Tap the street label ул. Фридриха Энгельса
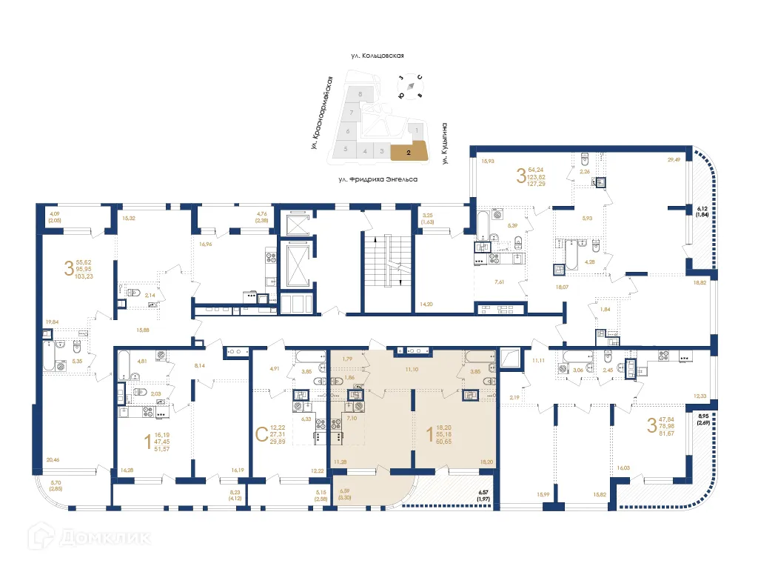[x=378, y=179]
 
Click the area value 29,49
[x=673, y=159]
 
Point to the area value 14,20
[x=425, y=305]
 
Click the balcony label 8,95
[x=704, y=416]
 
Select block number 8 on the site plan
[x=360, y=95]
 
